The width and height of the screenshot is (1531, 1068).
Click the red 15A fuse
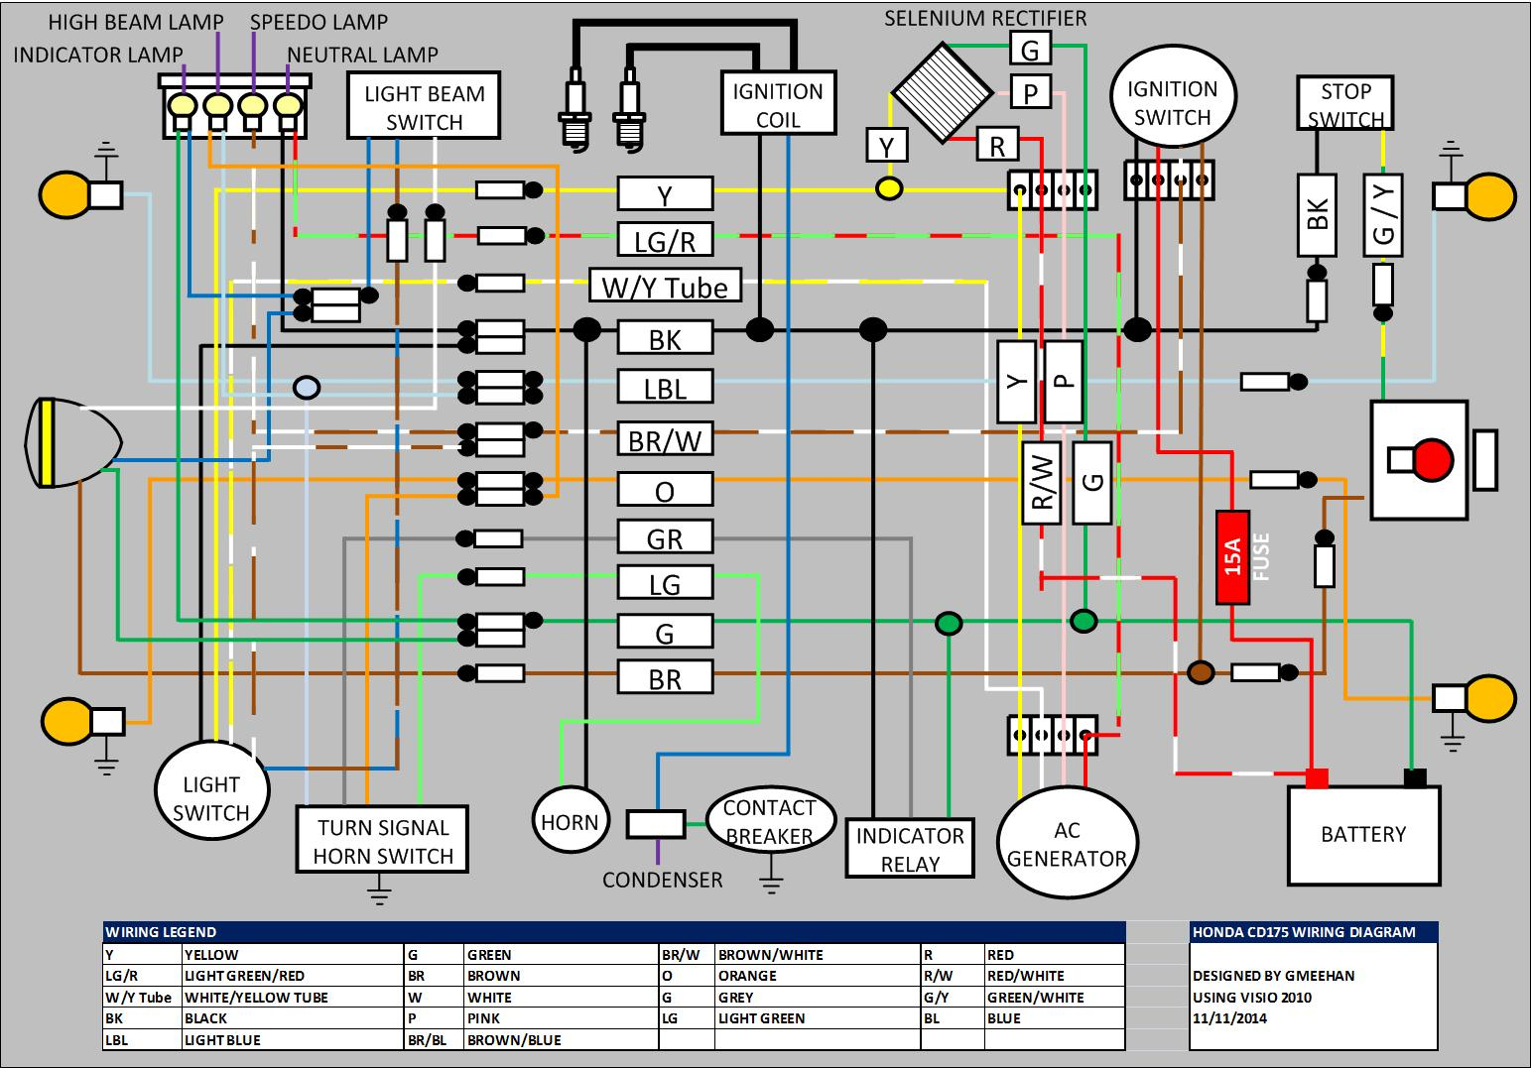pos(1232,557)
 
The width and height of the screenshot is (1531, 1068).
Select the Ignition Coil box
pos(778,104)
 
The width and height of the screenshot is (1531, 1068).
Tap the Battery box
pos(1363,835)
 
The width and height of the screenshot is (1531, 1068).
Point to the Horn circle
pos(570,822)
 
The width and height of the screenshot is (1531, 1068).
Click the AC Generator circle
pos(1067,844)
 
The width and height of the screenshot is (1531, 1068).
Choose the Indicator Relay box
pos(910,848)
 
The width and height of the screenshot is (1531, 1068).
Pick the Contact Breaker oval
pos(769,822)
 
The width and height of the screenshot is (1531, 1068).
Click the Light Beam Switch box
pos(424,107)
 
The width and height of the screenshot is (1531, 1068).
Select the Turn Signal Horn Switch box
pos(383,841)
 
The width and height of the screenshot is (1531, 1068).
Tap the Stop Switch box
pos(1345,104)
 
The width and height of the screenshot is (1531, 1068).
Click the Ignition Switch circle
pos(1172,103)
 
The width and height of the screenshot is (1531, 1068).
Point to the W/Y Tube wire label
pos(665,287)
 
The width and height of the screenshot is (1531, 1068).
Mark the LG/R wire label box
pos(665,240)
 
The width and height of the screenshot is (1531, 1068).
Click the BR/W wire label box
pos(665,439)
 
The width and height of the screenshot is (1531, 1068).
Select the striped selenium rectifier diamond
pos(942,92)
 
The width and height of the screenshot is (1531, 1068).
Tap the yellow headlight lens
pos(45,442)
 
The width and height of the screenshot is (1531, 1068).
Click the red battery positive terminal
pos(1317,778)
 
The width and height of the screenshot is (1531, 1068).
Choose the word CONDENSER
pos(662,880)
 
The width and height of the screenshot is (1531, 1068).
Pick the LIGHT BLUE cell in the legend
pos(222,1040)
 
